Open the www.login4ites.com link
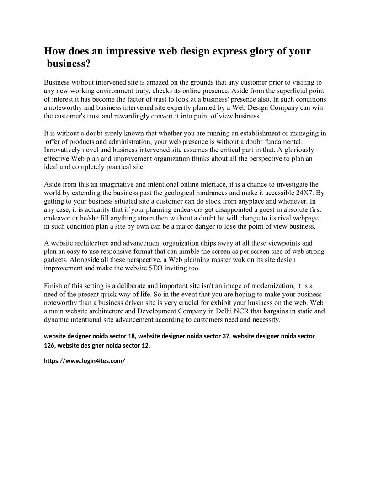[96, 361]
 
